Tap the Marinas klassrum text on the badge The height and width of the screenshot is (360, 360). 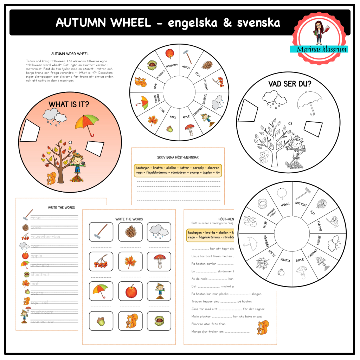pyautogui.click(x=319, y=49)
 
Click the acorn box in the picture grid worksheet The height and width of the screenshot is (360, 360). pyautogui.click(x=101, y=321)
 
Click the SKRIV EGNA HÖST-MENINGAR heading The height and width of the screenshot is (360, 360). pyautogui.click(x=178, y=157)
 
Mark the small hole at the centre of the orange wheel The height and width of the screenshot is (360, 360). pyautogui.click(x=70, y=142)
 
